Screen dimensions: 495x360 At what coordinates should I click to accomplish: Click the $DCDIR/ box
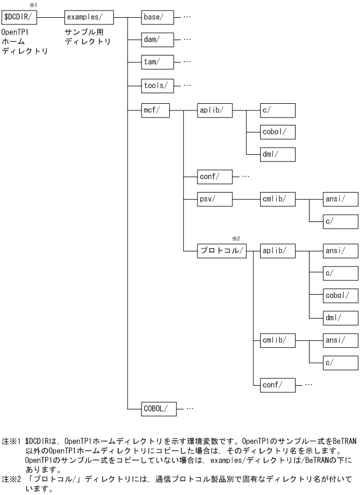19,17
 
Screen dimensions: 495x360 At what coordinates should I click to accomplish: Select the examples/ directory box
89,17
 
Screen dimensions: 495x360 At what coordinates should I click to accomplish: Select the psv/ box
214,198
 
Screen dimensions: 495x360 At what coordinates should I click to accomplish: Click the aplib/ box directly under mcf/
214,109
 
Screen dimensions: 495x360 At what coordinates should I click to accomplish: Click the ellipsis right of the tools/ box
187,85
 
